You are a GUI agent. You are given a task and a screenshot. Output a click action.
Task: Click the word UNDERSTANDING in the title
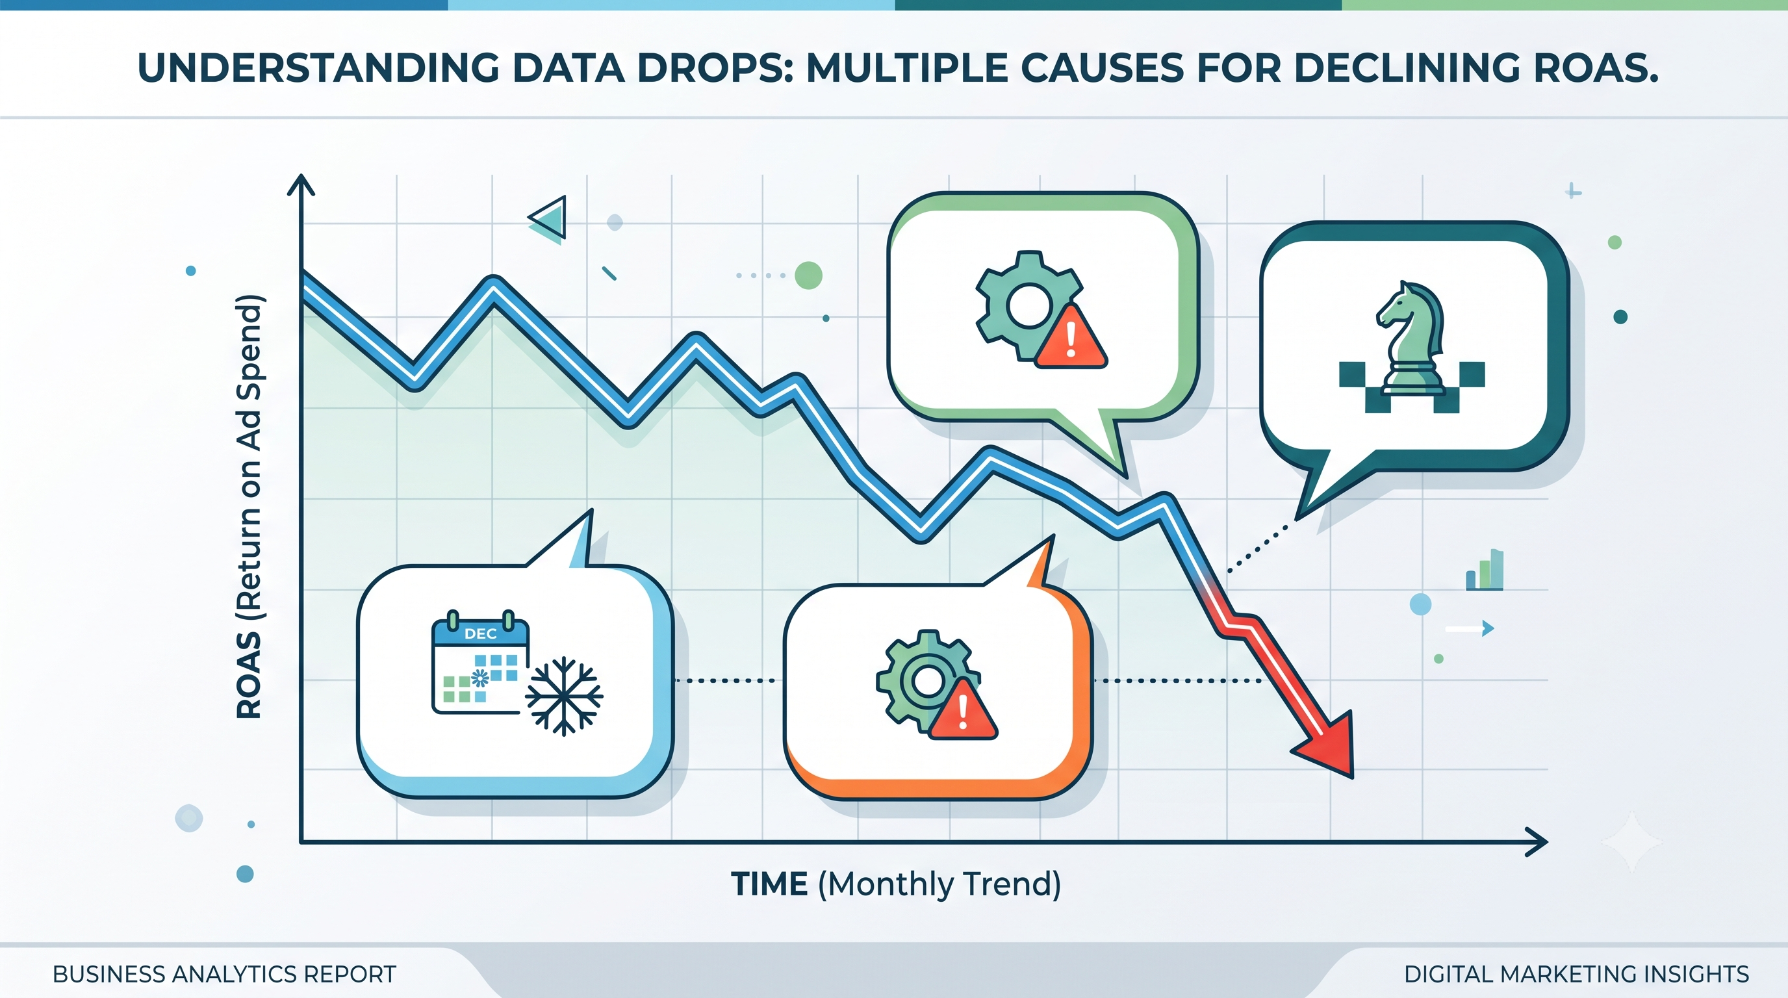(318, 68)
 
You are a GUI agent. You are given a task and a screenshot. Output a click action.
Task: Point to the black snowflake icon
(563, 696)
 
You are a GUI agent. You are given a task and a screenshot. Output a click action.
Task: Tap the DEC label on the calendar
(480, 633)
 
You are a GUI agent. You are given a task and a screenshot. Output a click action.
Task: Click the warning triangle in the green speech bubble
(1070, 337)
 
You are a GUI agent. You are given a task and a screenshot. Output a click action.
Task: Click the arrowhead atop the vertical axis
(301, 185)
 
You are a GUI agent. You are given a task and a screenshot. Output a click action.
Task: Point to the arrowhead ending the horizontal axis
(1535, 843)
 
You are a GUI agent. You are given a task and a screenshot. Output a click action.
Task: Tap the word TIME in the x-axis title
(769, 884)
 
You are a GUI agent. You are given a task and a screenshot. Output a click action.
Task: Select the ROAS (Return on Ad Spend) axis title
(249, 507)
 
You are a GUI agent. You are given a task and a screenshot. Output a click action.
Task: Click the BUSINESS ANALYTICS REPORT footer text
(224, 975)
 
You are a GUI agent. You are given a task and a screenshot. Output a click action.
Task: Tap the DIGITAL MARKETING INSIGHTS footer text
(1576, 975)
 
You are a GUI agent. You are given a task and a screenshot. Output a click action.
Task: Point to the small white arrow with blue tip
(1470, 629)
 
